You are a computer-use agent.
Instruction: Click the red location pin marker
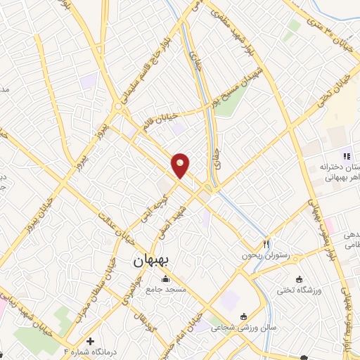point(181,165)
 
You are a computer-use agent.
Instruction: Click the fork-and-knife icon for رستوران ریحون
point(266,243)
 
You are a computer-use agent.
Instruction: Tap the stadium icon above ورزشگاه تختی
point(300,278)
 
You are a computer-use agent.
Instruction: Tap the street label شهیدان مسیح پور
point(233,82)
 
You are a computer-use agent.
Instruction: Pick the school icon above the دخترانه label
point(345,155)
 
